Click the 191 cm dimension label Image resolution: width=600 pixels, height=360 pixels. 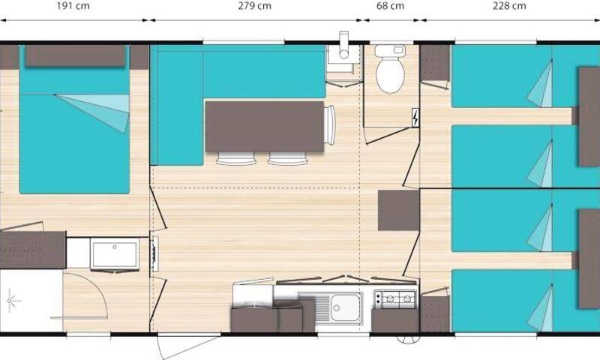point(73,6)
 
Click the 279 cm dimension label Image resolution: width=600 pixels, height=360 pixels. point(254,6)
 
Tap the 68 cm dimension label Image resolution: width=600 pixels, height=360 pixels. point(390,6)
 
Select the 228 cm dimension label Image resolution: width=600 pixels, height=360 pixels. point(509,6)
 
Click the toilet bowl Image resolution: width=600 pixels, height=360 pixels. point(390,75)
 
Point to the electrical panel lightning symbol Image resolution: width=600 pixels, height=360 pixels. point(415,118)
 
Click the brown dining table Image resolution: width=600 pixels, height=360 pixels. point(265,126)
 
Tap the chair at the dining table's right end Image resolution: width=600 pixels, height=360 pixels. point(329,125)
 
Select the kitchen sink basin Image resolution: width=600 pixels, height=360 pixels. point(346,307)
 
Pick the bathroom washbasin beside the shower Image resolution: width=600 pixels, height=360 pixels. point(115,254)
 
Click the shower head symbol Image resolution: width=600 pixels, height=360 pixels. point(10,301)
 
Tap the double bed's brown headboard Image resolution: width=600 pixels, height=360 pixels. point(76,55)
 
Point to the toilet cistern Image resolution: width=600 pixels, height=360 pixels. point(390,51)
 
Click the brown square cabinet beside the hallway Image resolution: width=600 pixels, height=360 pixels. point(399,211)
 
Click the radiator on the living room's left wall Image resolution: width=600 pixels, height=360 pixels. point(155,253)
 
